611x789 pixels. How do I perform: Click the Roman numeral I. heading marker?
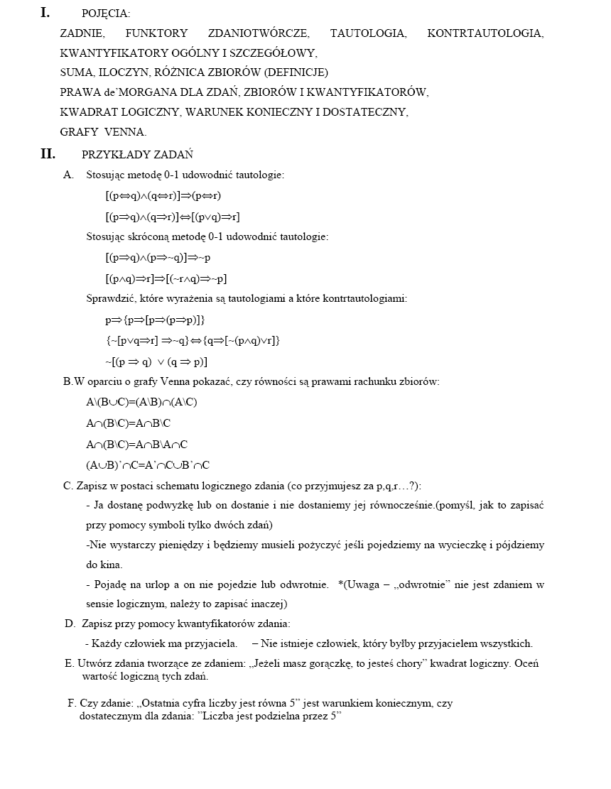(x=45, y=12)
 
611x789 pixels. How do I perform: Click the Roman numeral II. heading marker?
(x=48, y=154)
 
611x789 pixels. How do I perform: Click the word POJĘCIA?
(x=106, y=13)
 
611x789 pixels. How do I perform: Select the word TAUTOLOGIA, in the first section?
(x=368, y=33)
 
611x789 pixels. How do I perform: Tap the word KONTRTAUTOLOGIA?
(x=485, y=33)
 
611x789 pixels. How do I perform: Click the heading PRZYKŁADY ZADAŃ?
(x=137, y=155)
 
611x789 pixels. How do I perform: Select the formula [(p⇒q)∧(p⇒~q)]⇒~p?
(x=157, y=257)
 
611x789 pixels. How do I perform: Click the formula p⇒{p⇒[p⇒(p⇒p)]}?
(x=155, y=320)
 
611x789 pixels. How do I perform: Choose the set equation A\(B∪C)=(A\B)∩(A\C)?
(x=141, y=402)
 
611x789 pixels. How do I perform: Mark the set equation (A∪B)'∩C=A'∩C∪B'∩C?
(x=148, y=465)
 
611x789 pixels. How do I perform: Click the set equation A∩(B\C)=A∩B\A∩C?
(x=136, y=445)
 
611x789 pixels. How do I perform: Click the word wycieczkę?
(x=465, y=545)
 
